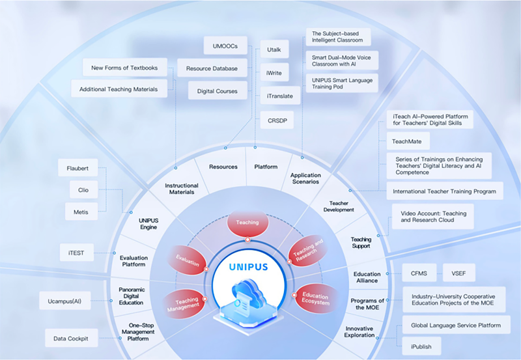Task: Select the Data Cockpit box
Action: pos(72,338)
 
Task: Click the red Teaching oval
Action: pos(247,223)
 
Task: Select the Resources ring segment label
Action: pos(223,167)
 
